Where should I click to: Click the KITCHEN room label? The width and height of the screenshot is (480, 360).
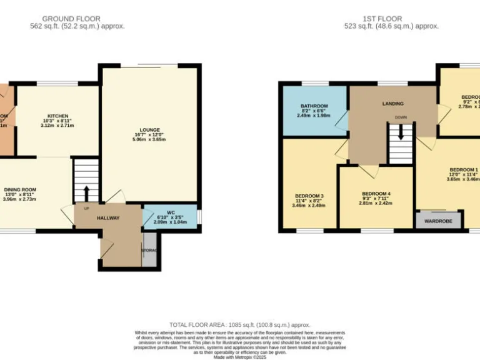pos(58,116)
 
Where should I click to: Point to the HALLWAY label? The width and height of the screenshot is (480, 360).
pos(108,218)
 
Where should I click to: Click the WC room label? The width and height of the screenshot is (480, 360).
pos(171,212)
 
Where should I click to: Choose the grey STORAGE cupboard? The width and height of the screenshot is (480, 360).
pos(150,251)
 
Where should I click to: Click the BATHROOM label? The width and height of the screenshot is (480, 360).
pos(312,106)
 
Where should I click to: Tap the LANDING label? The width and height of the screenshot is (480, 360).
pos(392,104)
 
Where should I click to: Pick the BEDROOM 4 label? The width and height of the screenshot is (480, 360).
pos(376,193)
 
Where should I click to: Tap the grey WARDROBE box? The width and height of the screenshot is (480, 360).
pos(439,221)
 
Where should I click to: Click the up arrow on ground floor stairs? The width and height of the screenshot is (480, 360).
pos(86,191)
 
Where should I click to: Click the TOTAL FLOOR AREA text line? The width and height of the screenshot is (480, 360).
pos(240,324)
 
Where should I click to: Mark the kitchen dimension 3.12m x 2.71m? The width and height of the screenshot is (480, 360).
pos(58,126)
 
